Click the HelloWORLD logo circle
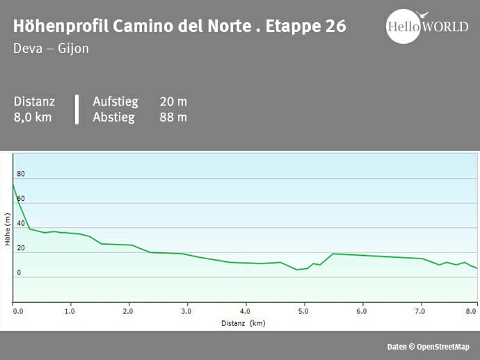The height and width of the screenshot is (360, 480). pyautogui.click(x=404, y=26)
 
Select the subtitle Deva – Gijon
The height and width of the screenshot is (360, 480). pyautogui.click(x=51, y=49)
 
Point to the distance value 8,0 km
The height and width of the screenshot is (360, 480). pyautogui.click(x=33, y=117)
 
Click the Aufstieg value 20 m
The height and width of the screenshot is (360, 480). pyautogui.click(x=173, y=101)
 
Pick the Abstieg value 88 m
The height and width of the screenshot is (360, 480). pyautogui.click(x=173, y=117)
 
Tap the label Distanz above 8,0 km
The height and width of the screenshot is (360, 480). pyautogui.click(x=34, y=101)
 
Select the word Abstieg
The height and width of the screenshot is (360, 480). pyautogui.click(x=113, y=117)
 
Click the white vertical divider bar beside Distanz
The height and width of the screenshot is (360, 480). pyautogui.click(x=77, y=109)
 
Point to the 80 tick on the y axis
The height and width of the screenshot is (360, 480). pyautogui.click(x=21, y=174)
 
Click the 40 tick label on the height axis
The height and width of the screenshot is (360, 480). pyautogui.click(x=21, y=224)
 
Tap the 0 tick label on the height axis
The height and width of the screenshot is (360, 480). pyautogui.click(x=19, y=273)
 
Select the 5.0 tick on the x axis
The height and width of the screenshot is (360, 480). pyautogui.click(x=303, y=311)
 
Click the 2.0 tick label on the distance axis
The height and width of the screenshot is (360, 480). pyautogui.click(x=128, y=311)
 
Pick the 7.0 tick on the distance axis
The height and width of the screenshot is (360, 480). pyautogui.click(x=419, y=311)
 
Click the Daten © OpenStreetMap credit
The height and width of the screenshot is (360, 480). pyautogui.click(x=428, y=347)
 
